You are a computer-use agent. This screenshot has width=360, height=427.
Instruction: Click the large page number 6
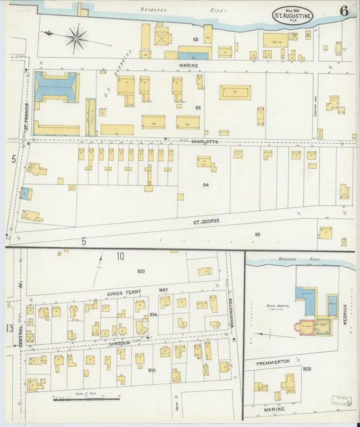(344, 11)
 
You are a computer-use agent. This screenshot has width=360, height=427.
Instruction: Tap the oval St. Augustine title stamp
(292, 15)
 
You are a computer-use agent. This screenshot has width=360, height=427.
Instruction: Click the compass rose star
(76, 38)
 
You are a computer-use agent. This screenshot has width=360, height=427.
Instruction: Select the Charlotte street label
(204, 141)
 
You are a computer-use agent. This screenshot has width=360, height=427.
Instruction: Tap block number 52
(196, 40)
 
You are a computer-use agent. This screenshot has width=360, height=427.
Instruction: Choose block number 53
(199, 107)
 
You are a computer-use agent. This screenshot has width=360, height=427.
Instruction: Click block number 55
(257, 234)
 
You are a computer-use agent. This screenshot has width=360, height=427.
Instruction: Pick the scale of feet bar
(86, 399)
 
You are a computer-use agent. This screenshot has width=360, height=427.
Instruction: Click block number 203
(141, 271)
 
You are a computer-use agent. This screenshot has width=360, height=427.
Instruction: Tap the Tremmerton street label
(273, 363)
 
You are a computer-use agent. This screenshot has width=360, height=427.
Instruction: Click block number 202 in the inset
(307, 368)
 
